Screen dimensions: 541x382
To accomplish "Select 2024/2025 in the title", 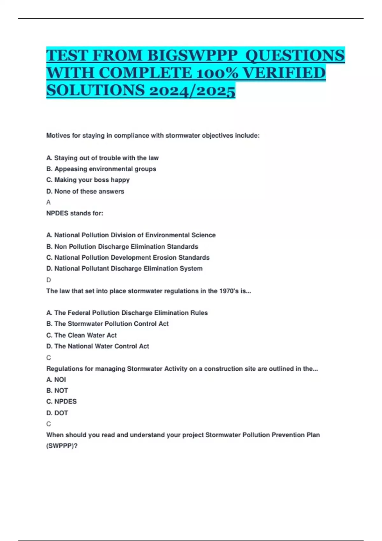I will (x=192, y=90).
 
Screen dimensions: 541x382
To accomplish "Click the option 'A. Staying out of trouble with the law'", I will (x=103, y=158).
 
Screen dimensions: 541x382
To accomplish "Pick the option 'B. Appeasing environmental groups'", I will (x=101, y=169).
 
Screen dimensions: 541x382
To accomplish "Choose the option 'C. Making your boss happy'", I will (x=88, y=180).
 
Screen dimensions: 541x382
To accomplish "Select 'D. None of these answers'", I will (x=85, y=191).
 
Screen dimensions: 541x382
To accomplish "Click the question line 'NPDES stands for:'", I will (x=75, y=213).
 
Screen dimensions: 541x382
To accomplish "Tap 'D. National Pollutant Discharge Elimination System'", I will (x=124, y=269).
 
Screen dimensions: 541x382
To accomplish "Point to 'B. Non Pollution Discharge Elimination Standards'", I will (x=122, y=247).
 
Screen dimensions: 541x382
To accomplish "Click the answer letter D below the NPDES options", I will (x=49, y=280).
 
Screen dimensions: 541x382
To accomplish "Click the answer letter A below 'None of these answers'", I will (x=48, y=202).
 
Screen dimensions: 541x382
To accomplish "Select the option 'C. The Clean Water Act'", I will (x=81, y=335).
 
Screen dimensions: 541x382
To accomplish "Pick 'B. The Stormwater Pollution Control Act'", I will (x=108, y=324).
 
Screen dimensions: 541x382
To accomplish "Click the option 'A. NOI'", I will (x=56, y=380).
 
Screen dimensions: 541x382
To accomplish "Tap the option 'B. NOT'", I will (x=57, y=390).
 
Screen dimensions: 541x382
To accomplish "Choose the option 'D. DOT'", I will (x=57, y=413).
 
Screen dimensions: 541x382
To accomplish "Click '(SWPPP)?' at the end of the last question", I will (x=62, y=446).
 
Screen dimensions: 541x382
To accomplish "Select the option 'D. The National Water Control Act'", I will (x=98, y=346).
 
